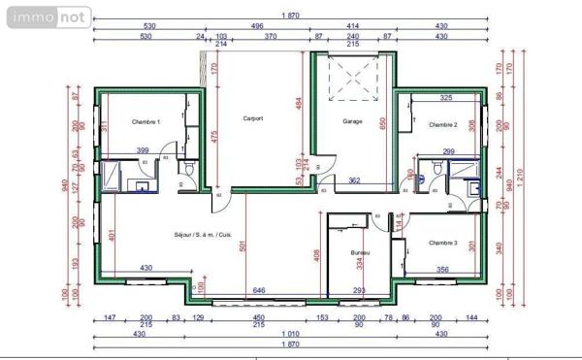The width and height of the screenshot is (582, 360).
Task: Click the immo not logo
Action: (x=47, y=16)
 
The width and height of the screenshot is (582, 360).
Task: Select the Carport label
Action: (x=253, y=119)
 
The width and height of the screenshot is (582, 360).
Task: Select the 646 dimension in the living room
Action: (x=259, y=290)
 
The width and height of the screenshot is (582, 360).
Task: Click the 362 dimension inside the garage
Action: (x=355, y=180)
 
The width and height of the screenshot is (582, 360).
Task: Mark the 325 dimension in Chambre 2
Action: (x=445, y=98)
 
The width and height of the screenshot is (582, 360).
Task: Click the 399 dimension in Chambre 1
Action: (x=143, y=150)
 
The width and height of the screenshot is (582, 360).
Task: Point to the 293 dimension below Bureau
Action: (x=358, y=290)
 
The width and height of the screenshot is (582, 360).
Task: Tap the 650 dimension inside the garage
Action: (x=383, y=123)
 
